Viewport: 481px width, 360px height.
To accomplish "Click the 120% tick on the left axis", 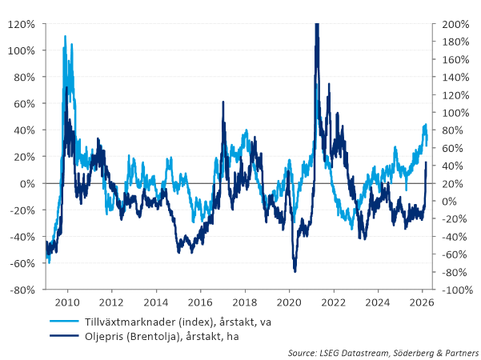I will tap(21, 24).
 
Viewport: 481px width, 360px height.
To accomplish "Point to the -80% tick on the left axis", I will tap(21, 290).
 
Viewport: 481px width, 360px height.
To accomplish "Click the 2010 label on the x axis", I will tap(67, 303).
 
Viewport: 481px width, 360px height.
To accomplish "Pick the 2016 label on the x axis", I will tap(200, 303).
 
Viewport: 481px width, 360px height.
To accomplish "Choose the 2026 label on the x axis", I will tap(421, 303).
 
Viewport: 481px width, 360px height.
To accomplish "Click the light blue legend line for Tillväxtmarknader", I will tap(63, 322).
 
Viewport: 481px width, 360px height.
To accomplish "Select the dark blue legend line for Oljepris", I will tap(63, 337).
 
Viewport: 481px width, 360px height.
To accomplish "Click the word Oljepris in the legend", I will tap(103, 337).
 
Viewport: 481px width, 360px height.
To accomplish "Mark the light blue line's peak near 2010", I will tap(65, 36).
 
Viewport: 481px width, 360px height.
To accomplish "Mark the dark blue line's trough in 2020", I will tap(295, 271).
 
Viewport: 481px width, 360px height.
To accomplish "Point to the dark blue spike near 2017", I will tap(222, 102).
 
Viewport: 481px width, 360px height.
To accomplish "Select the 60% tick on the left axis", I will tap(23, 104).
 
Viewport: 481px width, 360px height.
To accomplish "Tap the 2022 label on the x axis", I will tap(333, 303).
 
